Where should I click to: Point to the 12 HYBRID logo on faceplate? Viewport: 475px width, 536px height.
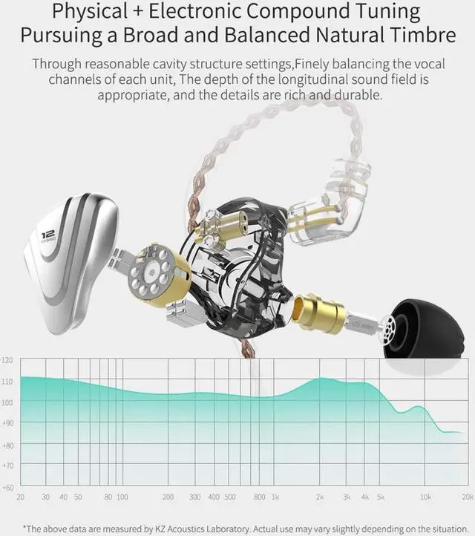pos(50,237)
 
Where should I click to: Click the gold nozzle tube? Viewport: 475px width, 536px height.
pos(317,312)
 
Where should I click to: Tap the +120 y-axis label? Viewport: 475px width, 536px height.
pos(7,360)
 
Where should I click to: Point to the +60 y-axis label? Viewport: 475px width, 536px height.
pos(7,487)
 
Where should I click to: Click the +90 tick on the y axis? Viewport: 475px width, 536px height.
pos(7,423)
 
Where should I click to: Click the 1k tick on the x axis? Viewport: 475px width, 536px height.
pos(275,497)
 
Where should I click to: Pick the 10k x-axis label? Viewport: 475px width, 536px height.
pos(426,497)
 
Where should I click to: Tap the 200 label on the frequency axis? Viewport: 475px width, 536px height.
pos(168,497)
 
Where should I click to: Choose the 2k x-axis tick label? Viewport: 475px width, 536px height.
pos(320,497)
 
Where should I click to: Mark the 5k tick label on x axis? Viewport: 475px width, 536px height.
pos(380,497)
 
